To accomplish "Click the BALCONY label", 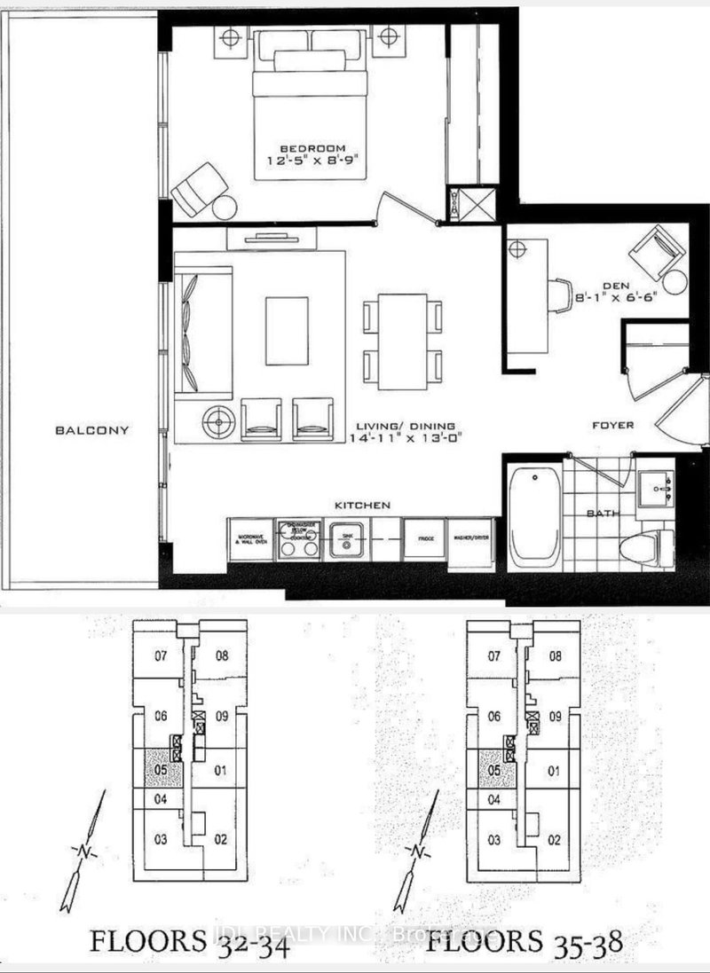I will click(91, 431).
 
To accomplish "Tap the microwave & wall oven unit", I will click(250, 539).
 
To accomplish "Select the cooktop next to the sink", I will click(299, 541).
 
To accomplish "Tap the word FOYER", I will click(613, 426).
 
